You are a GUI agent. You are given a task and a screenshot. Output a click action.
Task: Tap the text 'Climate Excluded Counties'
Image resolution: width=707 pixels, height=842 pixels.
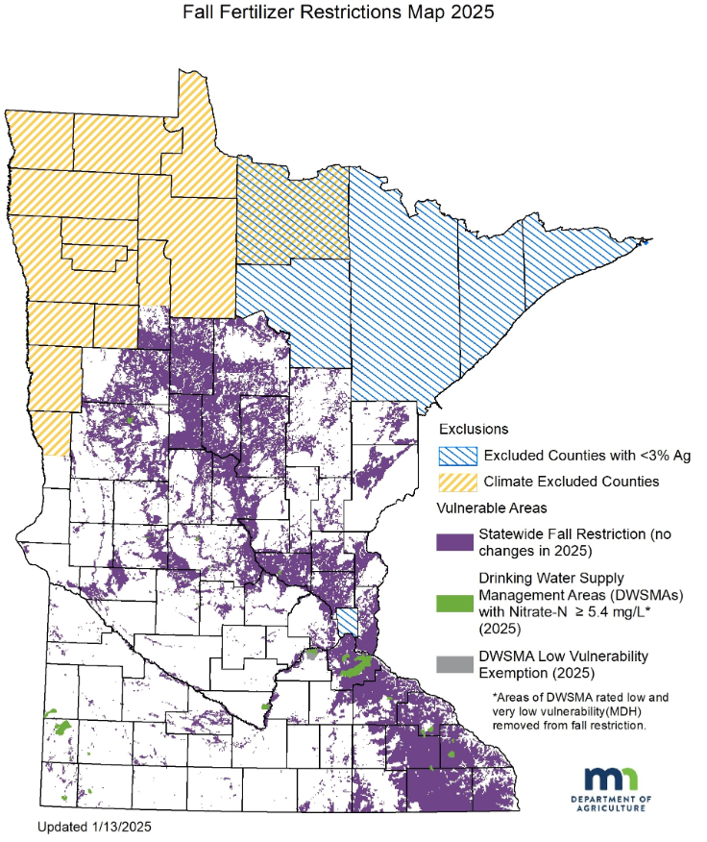point(571,481)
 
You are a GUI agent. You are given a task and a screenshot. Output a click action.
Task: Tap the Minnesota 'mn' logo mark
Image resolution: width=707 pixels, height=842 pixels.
point(610,779)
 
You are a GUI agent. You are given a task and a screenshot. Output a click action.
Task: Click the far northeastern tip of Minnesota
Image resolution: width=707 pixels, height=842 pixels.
point(649,238)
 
